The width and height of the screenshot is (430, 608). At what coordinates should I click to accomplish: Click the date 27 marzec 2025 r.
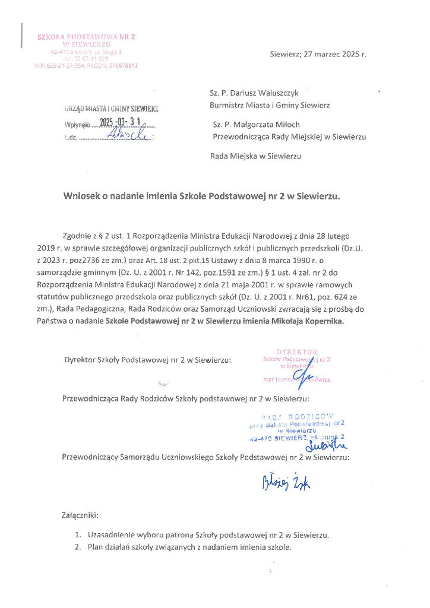click(x=335, y=54)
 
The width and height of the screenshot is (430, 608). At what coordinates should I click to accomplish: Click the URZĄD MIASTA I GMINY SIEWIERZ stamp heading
click(x=112, y=109)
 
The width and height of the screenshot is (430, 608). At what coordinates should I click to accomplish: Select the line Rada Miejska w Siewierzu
click(x=255, y=157)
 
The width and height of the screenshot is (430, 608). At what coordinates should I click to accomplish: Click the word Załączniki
click(x=80, y=514)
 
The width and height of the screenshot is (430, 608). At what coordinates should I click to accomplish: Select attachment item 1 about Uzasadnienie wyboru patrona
click(x=207, y=535)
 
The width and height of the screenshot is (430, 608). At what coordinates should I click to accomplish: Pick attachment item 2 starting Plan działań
click(x=189, y=547)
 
